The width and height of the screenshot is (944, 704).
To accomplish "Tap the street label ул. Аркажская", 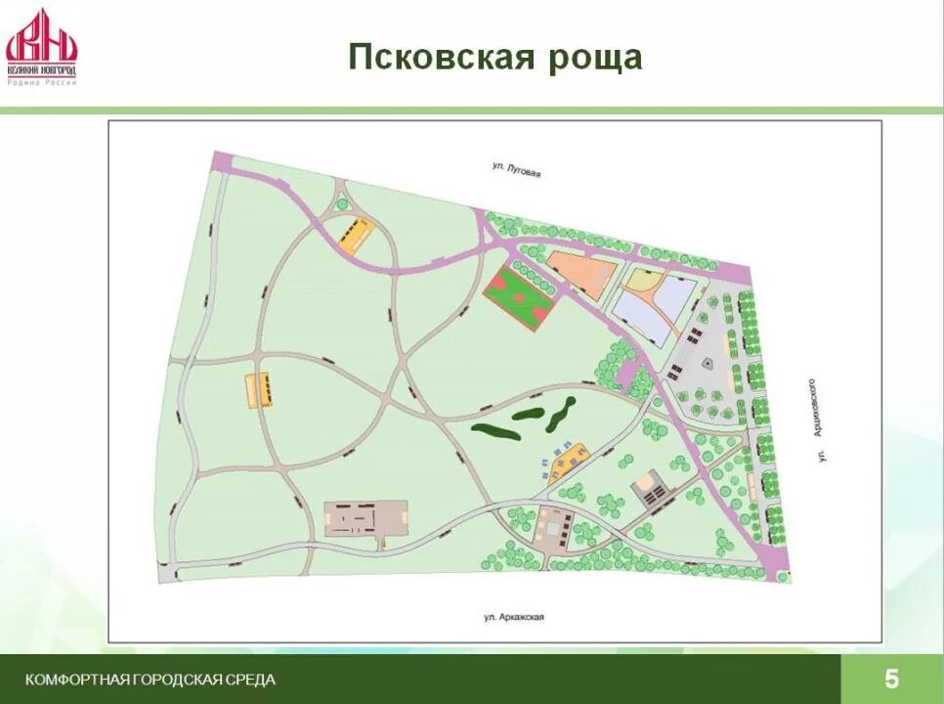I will pyautogui.click(x=512, y=617).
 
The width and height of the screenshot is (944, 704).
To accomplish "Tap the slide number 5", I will pyautogui.click(x=891, y=679).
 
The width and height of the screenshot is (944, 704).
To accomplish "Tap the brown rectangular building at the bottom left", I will pyautogui.click(x=366, y=517).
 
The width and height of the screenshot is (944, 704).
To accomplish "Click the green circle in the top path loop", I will pyautogui.click(x=341, y=204).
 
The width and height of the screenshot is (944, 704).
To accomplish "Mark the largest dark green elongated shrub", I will pyautogui.click(x=503, y=425).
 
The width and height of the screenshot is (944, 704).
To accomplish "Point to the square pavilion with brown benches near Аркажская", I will pyautogui.click(x=554, y=526).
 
